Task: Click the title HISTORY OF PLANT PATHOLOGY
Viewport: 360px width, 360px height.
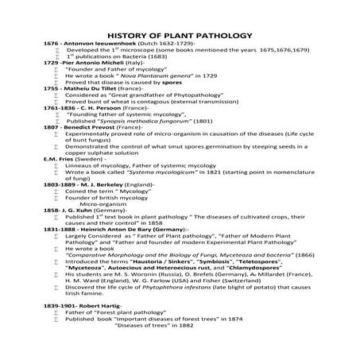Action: pos(179,36)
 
